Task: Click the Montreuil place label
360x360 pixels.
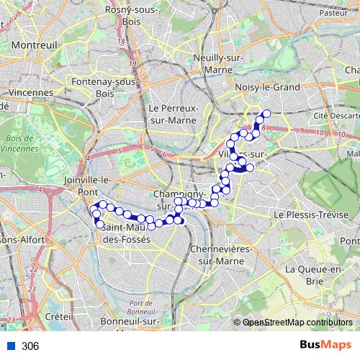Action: pos(34,45)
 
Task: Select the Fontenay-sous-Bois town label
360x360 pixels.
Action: pos(105,88)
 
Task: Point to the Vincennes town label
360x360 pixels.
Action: pos(32,92)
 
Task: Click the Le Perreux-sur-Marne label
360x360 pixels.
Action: pos(173,114)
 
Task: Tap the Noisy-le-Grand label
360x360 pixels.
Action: pos(258,87)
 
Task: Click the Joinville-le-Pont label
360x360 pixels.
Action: pos(86,186)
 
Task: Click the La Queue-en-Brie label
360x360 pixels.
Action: pos(315,275)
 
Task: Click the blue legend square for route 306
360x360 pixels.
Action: pos(11,346)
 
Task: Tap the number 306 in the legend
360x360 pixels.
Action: pos(30,346)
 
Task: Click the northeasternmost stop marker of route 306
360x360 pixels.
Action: pos(266,113)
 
